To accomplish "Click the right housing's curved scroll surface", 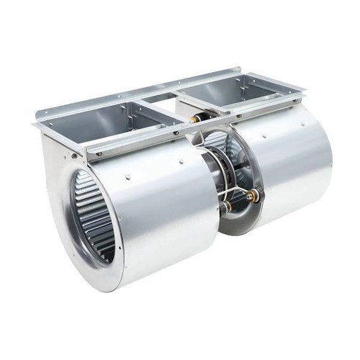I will pyautogui.click(x=288, y=173).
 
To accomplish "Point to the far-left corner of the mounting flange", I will pyautogui.click(x=36, y=123).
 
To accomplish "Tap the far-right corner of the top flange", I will pyautogui.click(x=302, y=89).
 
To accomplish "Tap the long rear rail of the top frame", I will pyautogui.click(x=144, y=90).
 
